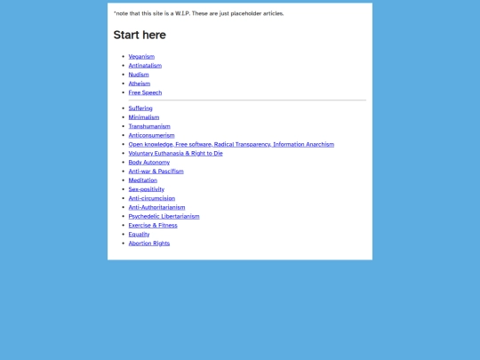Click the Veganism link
(141, 56)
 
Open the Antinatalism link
(145, 65)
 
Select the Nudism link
(139, 74)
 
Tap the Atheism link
(140, 83)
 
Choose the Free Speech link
(145, 92)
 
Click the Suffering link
(140, 108)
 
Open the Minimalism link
(144, 117)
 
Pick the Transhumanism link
(148, 126)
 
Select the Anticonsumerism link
(151, 135)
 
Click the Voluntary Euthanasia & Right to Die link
(175, 153)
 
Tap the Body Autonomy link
(148, 162)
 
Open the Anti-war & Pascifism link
(156, 171)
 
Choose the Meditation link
(143, 180)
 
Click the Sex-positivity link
(147, 189)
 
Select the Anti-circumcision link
(150, 198)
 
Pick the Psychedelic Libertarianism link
(164, 216)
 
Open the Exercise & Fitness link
(153, 225)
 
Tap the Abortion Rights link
(148, 243)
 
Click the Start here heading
(140, 35)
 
